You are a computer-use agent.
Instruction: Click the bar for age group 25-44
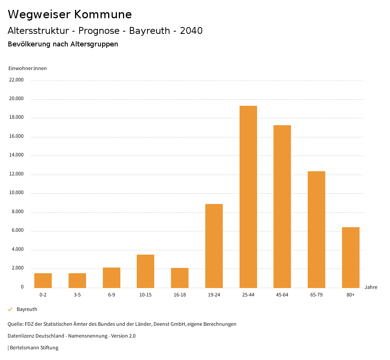(x=248, y=197)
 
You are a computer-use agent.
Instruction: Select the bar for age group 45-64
(x=282, y=206)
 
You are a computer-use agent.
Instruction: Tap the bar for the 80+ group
(x=350, y=257)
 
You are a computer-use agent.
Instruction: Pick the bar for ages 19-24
(x=214, y=246)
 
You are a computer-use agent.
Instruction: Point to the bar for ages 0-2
(x=43, y=280)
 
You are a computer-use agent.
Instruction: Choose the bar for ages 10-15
(x=145, y=271)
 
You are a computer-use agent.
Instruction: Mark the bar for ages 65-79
(x=316, y=229)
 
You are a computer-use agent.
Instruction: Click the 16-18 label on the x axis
(x=180, y=295)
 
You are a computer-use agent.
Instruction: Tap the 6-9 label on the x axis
(x=111, y=295)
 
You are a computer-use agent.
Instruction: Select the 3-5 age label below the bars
(x=77, y=295)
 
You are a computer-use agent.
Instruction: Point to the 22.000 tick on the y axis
(x=16, y=80)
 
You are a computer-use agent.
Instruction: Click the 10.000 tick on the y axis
(x=16, y=193)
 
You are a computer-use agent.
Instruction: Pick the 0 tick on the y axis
(x=22, y=287)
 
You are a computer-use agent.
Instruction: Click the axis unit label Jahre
(x=371, y=287)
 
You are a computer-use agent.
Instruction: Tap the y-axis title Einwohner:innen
(x=27, y=68)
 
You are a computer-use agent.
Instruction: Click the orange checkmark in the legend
(x=10, y=309)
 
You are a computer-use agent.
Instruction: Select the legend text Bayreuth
(x=27, y=309)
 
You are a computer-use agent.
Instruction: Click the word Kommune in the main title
(x=103, y=14)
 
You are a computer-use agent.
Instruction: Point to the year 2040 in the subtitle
(x=191, y=31)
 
